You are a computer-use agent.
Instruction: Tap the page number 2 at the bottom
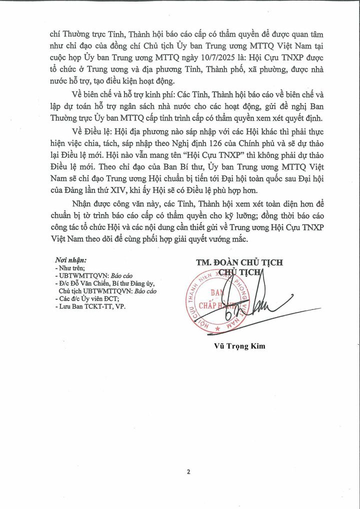(189, 471)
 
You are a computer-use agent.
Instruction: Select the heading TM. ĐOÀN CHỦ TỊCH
(239, 262)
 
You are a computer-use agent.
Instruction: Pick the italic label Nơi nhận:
(71, 260)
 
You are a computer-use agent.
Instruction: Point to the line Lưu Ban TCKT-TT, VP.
(92, 306)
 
